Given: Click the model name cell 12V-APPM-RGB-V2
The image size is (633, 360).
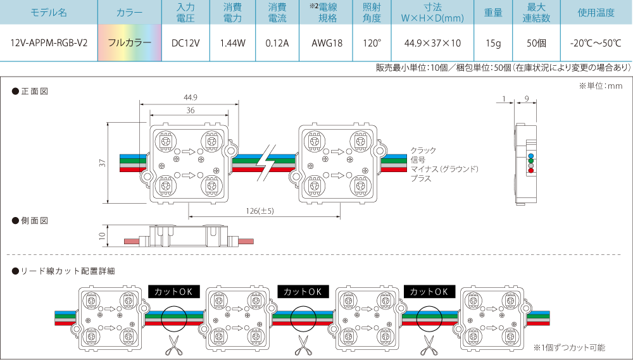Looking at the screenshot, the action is pos(49,43).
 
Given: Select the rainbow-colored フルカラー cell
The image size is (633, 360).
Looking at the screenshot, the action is pos(130,43).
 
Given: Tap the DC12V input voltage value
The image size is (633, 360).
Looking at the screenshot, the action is pos(185,43).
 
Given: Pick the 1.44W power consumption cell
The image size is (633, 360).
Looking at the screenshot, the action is pos(232,43).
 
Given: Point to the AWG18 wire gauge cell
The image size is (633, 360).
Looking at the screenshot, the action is pos(327,43).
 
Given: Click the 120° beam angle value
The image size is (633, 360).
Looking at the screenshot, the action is pos(372,43).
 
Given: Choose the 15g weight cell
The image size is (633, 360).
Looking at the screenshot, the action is pos(493,43).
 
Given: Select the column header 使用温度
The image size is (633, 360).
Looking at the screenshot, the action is pos(596,13).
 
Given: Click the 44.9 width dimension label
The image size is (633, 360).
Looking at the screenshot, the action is pos(190,97).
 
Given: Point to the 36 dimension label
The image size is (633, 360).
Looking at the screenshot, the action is pos(191,110).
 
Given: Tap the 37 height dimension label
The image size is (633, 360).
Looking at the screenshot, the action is pos(103,163).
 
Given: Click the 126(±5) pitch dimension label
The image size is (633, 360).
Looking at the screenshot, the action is pos(260,211).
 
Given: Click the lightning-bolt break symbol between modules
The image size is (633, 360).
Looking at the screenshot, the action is pos(266,163).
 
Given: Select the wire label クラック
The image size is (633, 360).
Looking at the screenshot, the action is pos(423,150).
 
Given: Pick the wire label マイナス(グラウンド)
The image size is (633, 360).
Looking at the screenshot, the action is pos(444,169).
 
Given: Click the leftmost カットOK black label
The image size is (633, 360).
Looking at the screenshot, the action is pos(174,292).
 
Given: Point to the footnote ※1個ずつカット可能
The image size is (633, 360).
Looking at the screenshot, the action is pos(569,347).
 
